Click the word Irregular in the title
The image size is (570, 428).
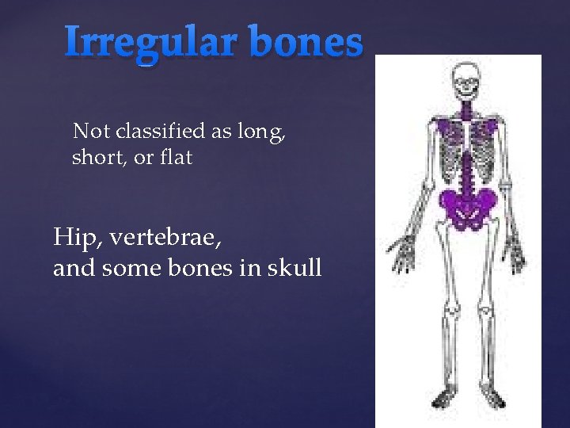coord(150,42)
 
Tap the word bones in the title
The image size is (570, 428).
coord(305,42)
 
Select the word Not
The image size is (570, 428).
coord(88,131)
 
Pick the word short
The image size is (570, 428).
coord(99,158)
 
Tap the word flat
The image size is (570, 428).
coord(175,158)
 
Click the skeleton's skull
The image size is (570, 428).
coord(465,79)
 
